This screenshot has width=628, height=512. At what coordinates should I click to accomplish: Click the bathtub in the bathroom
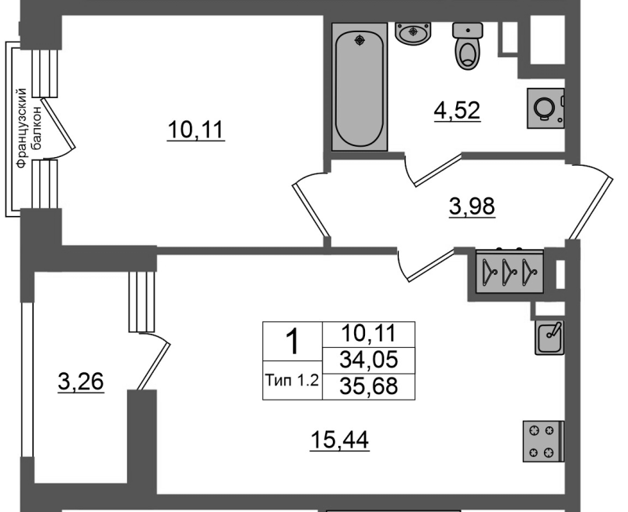point(360,87)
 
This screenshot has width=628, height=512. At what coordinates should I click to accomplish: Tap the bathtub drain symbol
point(360,40)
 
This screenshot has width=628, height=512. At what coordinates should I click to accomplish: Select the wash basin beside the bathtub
point(414,32)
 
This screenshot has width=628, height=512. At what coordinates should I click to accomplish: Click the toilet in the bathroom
point(467,46)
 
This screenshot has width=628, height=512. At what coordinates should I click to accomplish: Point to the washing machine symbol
point(546,108)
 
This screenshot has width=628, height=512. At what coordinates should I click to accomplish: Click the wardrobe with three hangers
point(509,271)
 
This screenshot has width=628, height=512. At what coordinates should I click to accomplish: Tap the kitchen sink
point(549,338)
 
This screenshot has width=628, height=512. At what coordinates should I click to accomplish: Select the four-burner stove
point(543,441)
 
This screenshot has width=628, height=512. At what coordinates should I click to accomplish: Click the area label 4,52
point(458,111)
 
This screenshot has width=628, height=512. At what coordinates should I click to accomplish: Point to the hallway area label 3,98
point(473,207)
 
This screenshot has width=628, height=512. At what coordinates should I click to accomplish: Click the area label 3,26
point(81,382)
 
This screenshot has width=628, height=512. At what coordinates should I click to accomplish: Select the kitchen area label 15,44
point(340,441)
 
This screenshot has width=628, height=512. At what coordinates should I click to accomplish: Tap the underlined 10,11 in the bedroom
point(195,130)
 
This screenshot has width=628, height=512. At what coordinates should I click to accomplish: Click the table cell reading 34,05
point(369,360)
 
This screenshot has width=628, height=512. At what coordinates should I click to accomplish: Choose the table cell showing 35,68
point(369,386)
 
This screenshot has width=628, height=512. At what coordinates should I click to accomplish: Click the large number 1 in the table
point(294,342)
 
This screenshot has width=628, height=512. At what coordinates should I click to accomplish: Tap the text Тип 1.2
point(292,380)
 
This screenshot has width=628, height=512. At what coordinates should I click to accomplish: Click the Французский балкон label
point(28,128)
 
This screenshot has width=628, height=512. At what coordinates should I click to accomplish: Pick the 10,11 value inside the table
point(369,333)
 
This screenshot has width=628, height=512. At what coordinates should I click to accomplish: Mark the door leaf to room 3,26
point(155,366)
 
